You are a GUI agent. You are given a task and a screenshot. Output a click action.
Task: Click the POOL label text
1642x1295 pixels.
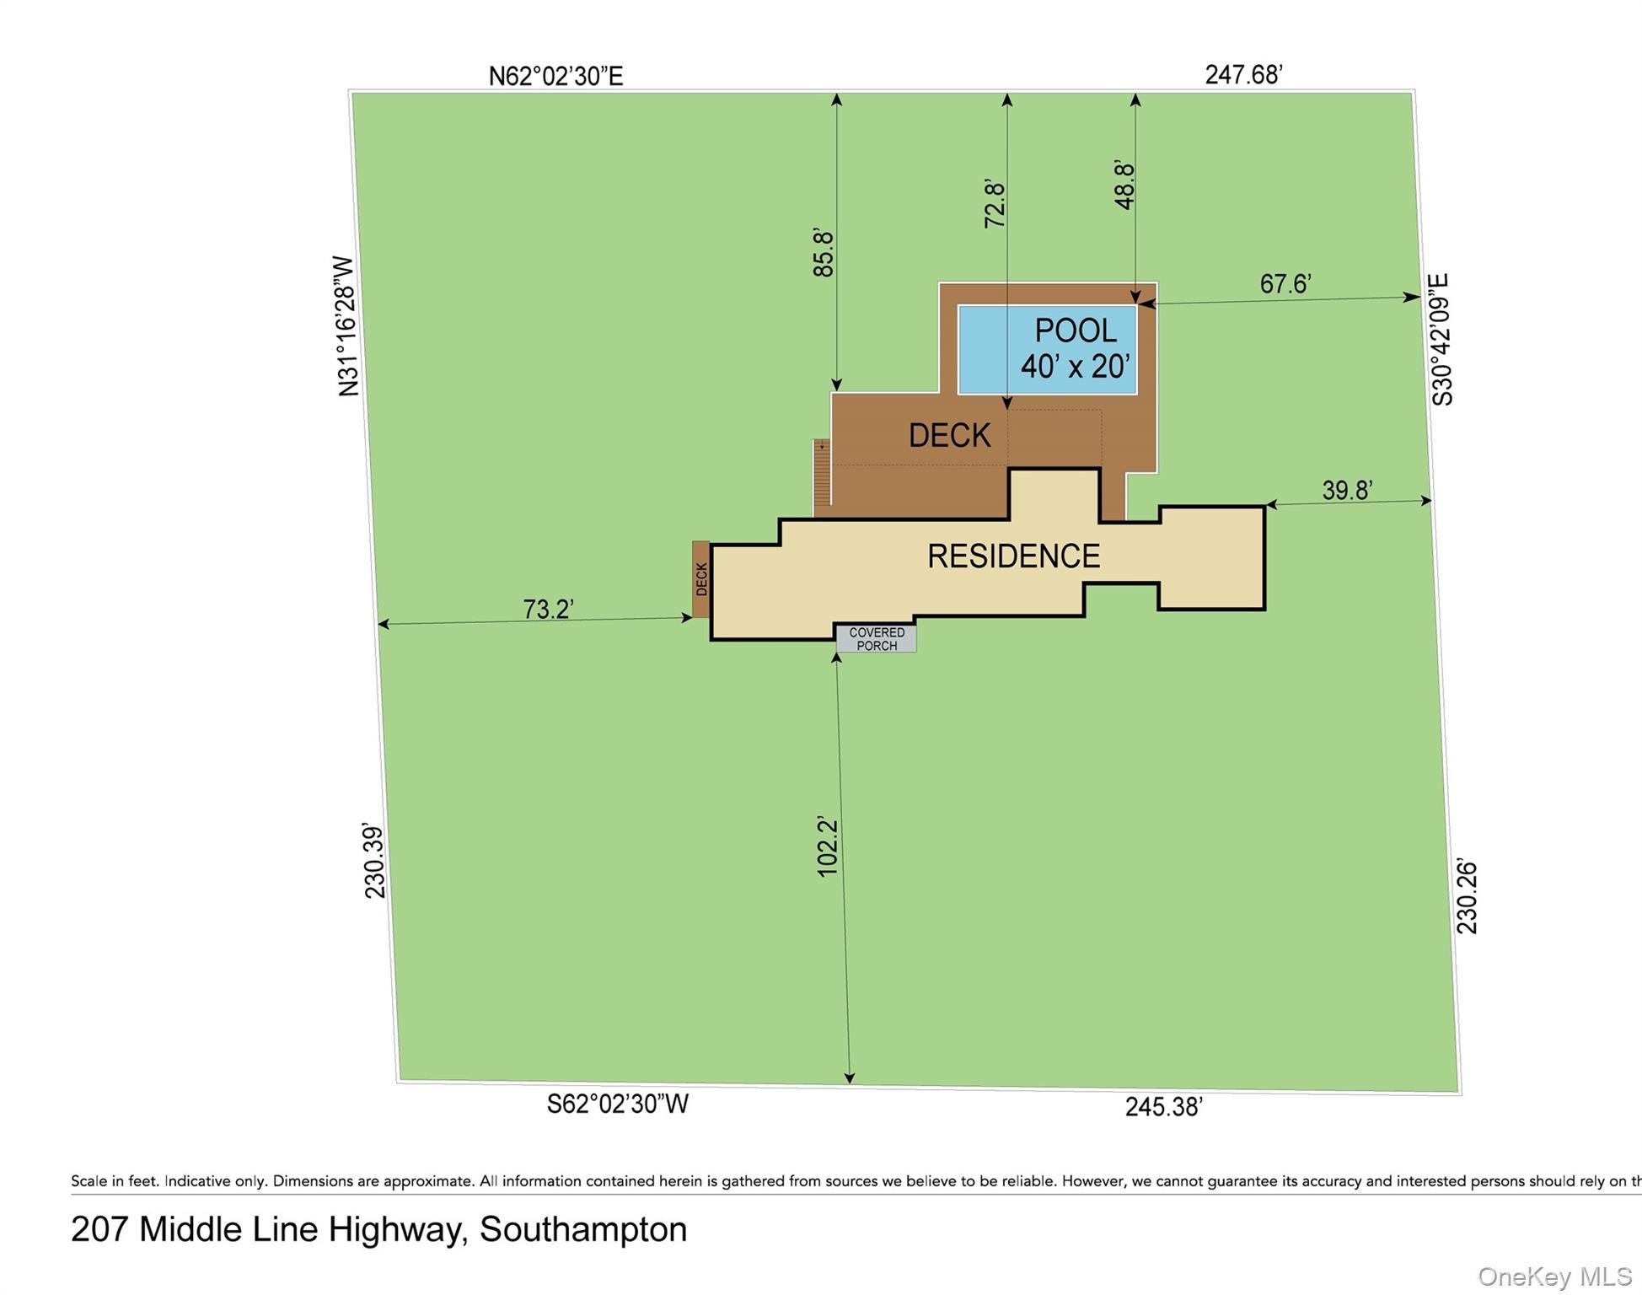point(1075,330)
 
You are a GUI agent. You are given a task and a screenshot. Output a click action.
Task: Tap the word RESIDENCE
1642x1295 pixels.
point(1013,556)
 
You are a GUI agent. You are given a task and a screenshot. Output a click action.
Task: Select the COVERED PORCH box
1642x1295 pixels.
point(877,639)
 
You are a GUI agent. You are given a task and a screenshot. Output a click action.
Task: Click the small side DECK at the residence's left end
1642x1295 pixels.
point(701,579)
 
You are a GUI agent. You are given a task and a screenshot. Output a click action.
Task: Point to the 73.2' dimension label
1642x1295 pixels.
point(548,609)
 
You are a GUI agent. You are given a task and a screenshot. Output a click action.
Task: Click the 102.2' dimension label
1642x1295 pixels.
point(828,846)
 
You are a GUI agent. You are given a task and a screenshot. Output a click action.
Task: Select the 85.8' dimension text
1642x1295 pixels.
point(823,252)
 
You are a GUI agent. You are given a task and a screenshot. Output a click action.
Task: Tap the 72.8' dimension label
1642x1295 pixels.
point(995,204)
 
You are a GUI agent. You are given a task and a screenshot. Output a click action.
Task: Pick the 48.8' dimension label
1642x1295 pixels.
point(1124,185)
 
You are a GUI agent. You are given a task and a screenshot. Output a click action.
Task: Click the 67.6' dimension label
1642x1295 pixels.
point(1285,283)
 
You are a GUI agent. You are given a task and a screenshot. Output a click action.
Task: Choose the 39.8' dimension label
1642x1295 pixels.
point(1347,490)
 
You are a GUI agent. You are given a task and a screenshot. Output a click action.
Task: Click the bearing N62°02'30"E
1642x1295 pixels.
point(555,77)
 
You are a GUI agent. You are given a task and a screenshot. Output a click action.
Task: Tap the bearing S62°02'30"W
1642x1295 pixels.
point(618,1104)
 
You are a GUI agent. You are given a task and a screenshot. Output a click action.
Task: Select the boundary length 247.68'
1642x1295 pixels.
point(1243,75)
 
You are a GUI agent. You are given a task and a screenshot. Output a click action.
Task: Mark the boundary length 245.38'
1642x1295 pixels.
point(1163,1107)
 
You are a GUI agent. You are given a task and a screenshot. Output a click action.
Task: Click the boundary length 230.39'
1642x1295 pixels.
point(373,861)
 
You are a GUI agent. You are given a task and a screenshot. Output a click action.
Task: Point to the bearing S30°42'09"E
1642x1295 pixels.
point(1441,339)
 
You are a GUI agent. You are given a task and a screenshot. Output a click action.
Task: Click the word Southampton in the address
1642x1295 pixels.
point(583,1229)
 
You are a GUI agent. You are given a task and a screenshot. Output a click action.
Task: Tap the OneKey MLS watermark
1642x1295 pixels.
point(1554,1276)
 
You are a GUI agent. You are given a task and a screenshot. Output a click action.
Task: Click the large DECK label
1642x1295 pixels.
point(949,435)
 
